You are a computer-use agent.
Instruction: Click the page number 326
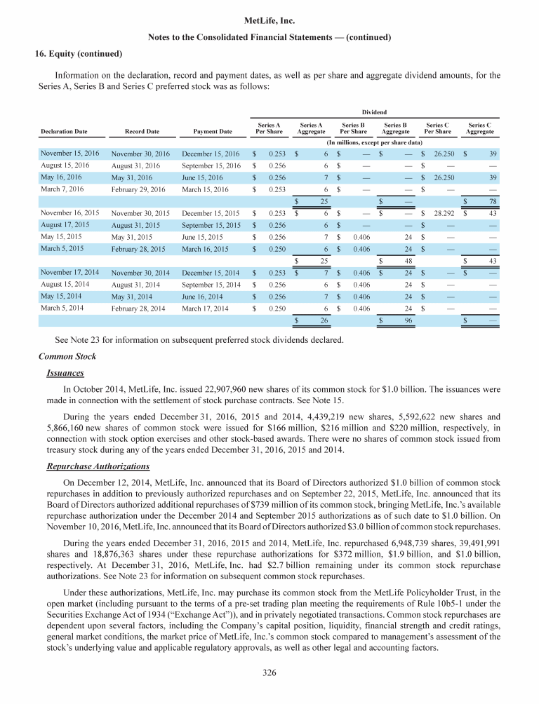pyautogui.click(x=269, y=673)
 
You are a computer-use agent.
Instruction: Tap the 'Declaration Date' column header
pyautogui.click(x=64, y=131)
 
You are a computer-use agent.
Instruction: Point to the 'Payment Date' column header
pyautogui.click(x=213, y=131)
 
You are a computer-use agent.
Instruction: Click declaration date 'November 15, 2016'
pyautogui.click(x=69, y=152)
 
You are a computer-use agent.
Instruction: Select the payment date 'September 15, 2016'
pyautogui.click(x=211, y=165)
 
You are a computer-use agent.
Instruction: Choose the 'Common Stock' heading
pyautogui.click(x=69, y=356)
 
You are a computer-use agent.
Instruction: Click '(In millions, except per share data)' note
pyautogui.click(x=373, y=142)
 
